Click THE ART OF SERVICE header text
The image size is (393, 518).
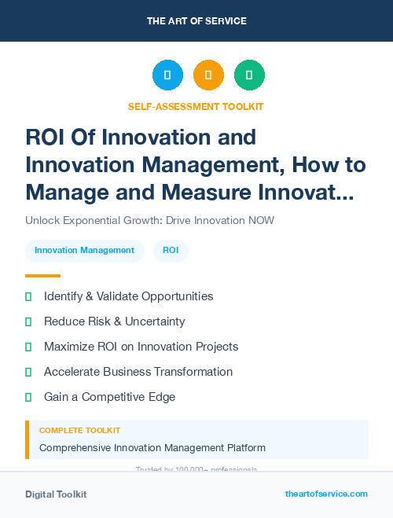click(196, 20)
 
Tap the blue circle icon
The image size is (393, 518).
click(167, 75)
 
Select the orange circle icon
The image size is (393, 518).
click(208, 75)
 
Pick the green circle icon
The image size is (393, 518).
click(249, 75)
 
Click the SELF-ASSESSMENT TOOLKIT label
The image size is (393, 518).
click(196, 106)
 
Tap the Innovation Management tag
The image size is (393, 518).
click(84, 251)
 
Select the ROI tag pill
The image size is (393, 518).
click(171, 251)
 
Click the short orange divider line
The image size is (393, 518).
click(42, 276)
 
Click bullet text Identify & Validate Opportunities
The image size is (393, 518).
click(128, 296)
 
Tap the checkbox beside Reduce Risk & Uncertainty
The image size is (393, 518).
click(28, 321)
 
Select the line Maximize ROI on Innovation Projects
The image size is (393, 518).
click(141, 347)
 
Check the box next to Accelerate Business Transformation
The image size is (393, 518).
click(28, 372)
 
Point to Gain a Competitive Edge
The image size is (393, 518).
click(109, 397)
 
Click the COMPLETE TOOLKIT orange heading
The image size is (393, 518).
click(79, 431)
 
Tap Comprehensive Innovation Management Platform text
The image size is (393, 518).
click(152, 448)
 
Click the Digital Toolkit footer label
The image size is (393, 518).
click(56, 494)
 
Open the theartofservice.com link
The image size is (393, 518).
click(326, 494)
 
